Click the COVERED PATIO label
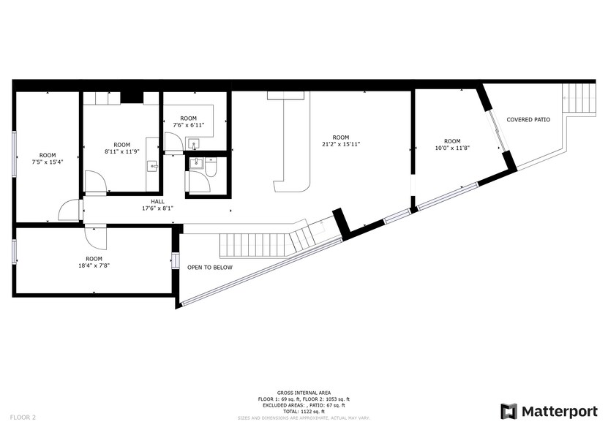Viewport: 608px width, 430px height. click(x=528, y=119)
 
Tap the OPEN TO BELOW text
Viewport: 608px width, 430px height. click(x=210, y=268)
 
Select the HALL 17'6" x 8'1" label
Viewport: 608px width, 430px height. click(x=157, y=205)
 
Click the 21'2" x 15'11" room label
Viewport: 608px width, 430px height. click(x=340, y=141)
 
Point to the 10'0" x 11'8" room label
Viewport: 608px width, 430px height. click(x=452, y=145)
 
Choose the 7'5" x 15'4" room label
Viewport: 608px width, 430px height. click(x=48, y=159)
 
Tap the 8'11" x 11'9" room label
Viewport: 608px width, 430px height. click(x=121, y=148)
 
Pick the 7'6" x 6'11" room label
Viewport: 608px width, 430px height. click(x=188, y=122)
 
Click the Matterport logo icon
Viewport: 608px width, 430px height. click(x=508, y=411)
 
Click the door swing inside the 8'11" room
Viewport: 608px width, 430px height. click(x=96, y=182)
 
